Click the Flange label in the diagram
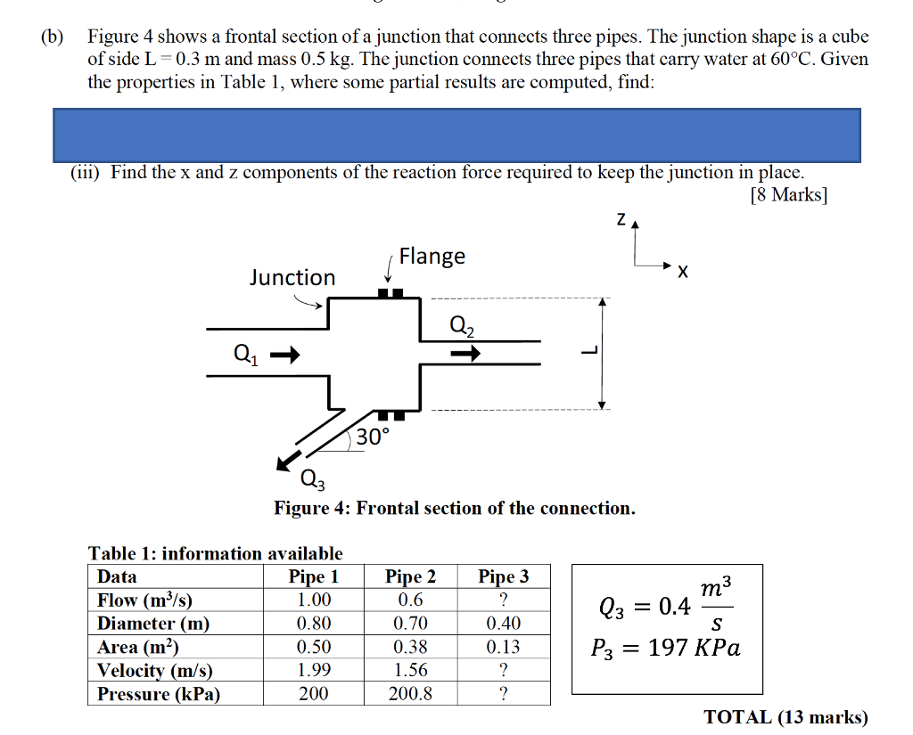[x=432, y=257]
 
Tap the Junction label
[x=292, y=278]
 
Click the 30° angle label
[x=373, y=437]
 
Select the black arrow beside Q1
[x=282, y=355]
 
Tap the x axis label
[x=682, y=272]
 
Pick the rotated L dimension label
[x=586, y=352]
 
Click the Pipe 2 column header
[x=410, y=576]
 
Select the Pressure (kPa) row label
[x=159, y=694]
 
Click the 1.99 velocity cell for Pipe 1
[x=314, y=671]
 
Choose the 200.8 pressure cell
[x=410, y=694]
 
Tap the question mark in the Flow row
[x=504, y=600]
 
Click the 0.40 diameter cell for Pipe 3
[x=504, y=624]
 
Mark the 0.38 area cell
[x=410, y=647]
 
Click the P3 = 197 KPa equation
[x=666, y=648]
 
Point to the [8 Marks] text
[x=789, y=195]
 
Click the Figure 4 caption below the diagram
[x=455, y=508]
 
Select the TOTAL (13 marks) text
[x=786, y=717]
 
